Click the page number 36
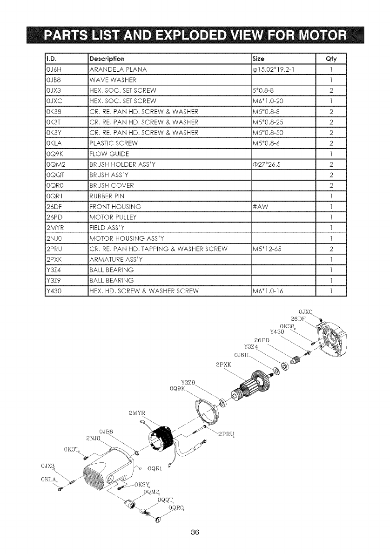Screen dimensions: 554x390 [x=195, y=533]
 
